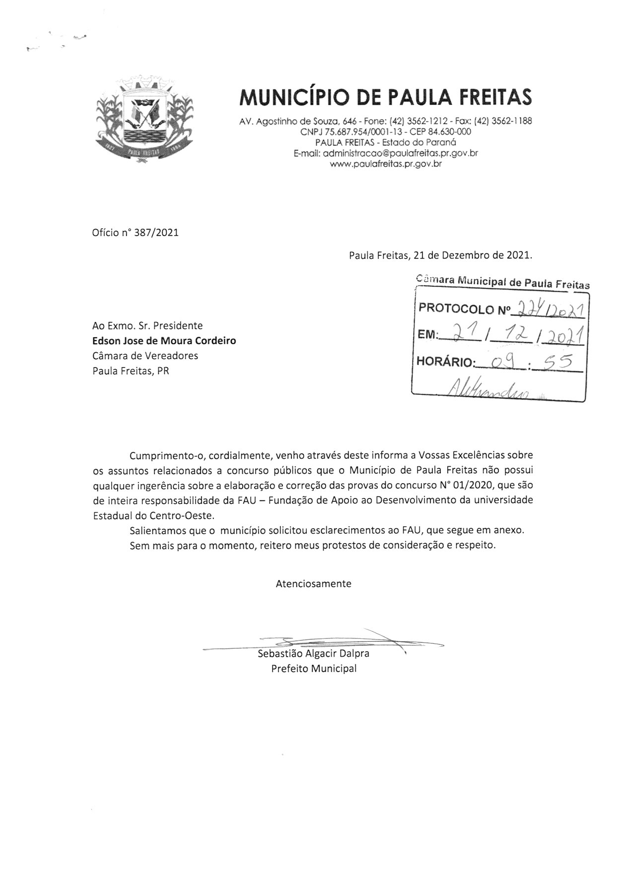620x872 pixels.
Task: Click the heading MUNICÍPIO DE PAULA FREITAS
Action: pos(385,97)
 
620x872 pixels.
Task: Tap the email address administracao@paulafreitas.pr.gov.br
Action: pos(400,153)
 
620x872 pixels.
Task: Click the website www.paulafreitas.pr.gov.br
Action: pos(386,164)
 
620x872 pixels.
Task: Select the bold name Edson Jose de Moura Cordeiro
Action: pos(164,341)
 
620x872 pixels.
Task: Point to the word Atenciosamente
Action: pos(313,584)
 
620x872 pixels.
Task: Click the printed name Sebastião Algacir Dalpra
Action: pos(313,653)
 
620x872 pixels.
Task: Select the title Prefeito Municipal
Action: pos(313,669)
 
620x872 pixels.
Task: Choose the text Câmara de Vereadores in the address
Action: pos(145,356)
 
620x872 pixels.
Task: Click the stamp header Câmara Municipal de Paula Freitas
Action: pos(502,282)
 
